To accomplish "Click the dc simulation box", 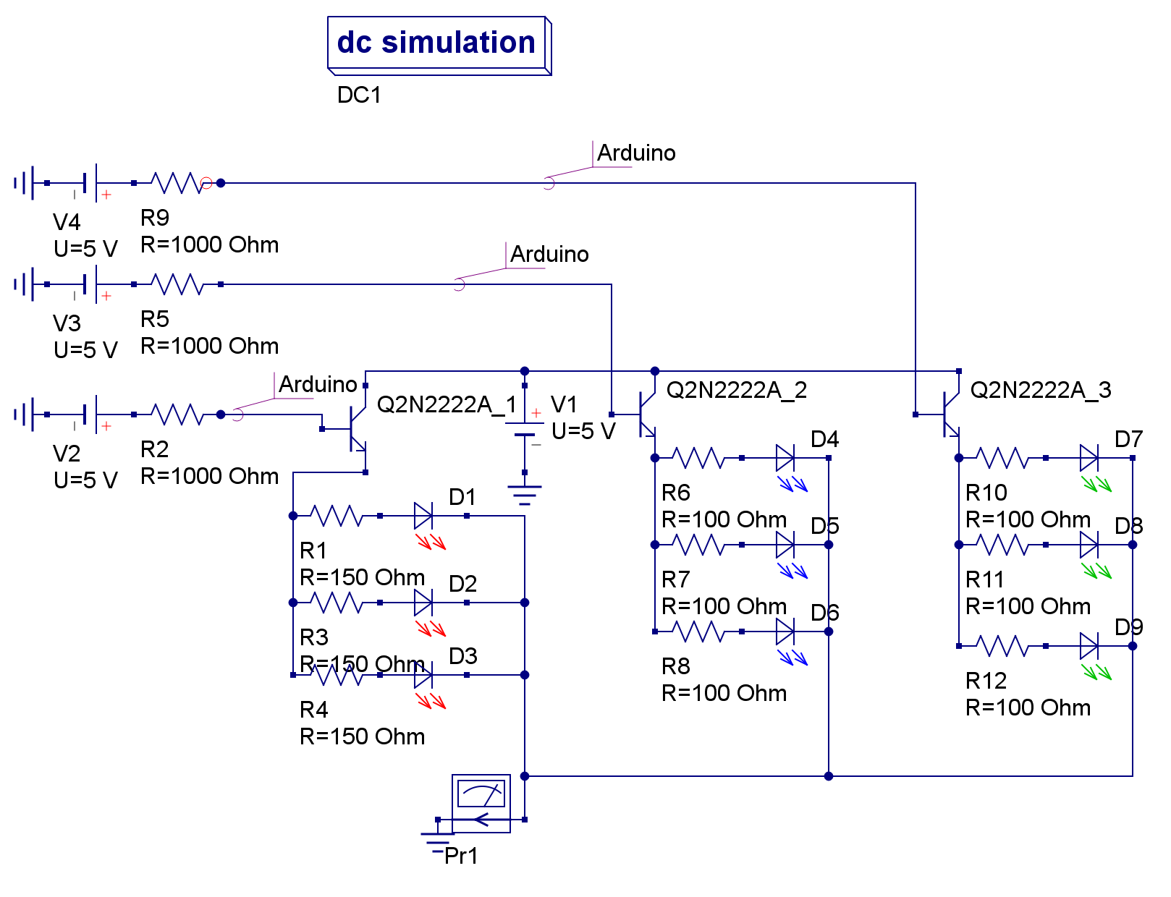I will pos(438,43).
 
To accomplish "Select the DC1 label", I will pos(359,95).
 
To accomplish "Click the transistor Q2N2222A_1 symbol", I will pos(357,429).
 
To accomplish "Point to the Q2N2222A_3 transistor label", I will pos(1040,391).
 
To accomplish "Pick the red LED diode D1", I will pos(423,516).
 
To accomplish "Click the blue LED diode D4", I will pos(785,458).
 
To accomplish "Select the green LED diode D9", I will pos(1089,646).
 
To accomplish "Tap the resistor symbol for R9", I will pos(177,183).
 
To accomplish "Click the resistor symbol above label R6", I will pos(698,458).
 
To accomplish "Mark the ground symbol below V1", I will pos(525,494).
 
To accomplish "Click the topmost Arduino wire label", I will pos(635,153).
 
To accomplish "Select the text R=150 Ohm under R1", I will pos(362,577).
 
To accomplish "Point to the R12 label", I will pos(986,681).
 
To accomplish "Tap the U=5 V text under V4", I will pos(85,249).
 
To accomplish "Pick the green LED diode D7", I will pos(1089,458).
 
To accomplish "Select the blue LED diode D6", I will pos(785,632).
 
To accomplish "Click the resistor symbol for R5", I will pos(177,284).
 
